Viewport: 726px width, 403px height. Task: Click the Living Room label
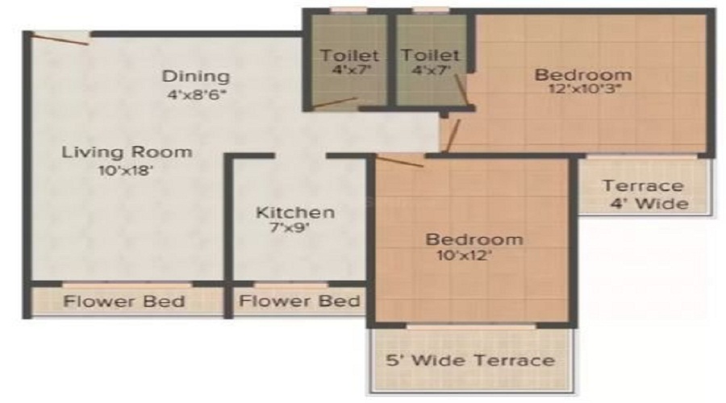click(x=127, y=152)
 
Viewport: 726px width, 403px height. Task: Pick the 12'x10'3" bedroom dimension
click(x=584, y=91)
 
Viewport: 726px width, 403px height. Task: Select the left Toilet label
click(x=349, y=56)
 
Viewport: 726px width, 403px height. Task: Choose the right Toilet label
click(x=431, y=56)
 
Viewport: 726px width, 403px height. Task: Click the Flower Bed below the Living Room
click(x=125, y=302)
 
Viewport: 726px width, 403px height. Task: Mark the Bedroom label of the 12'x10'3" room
click(x=584, y=75)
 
